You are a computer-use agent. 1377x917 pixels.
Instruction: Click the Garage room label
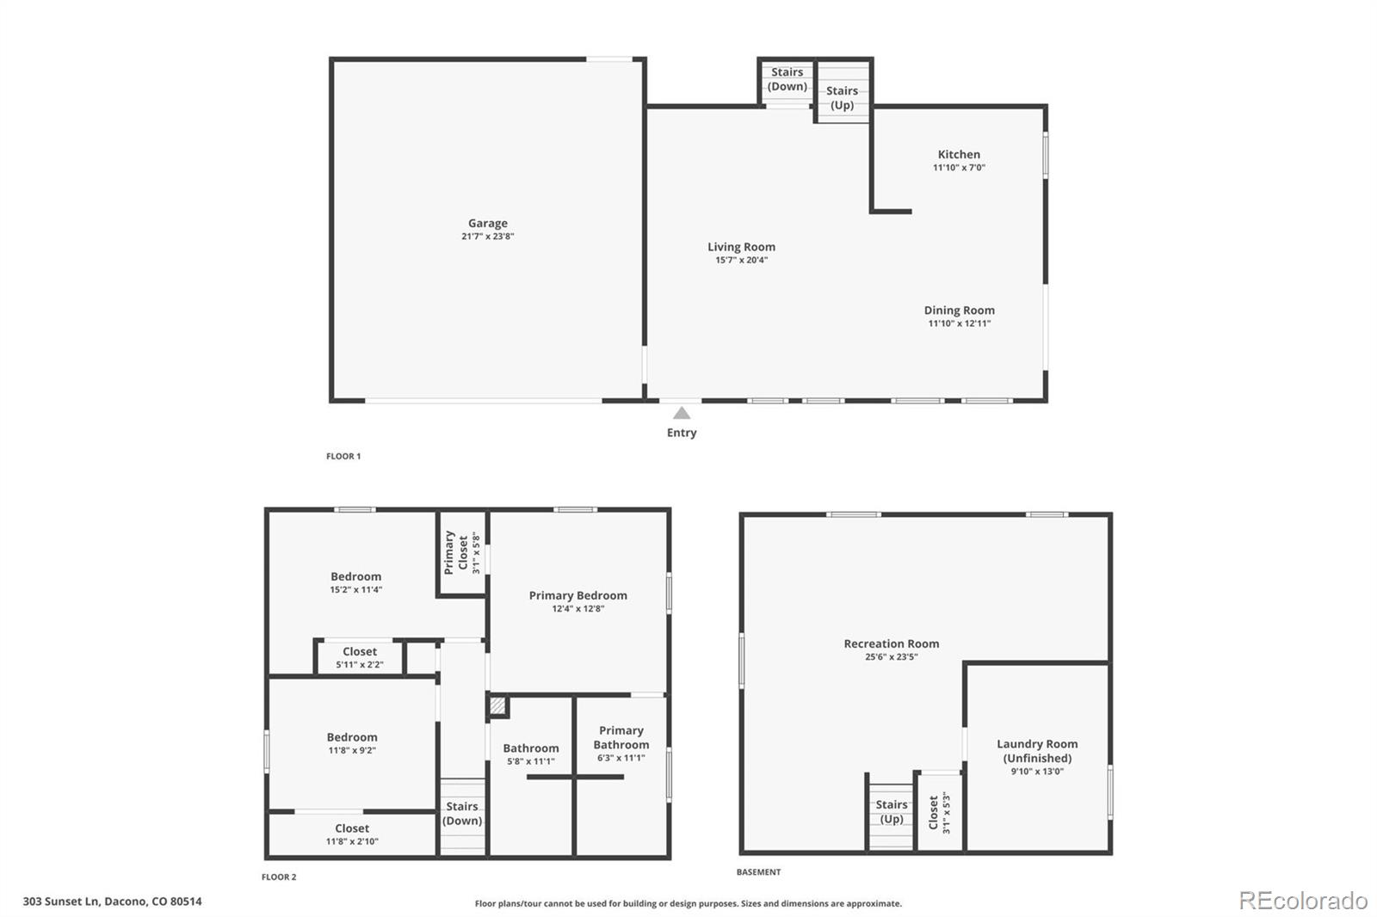(487, 223)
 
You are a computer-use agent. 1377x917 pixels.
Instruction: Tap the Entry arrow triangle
(682, 413)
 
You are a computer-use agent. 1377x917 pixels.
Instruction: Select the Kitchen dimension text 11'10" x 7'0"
(959, 167)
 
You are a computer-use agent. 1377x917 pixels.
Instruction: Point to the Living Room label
(741, 247)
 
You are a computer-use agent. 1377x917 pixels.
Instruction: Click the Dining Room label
(959, 311)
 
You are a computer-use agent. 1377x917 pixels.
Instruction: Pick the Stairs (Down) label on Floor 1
(787, 79)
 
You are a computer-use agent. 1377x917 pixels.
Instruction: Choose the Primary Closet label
(456, 553)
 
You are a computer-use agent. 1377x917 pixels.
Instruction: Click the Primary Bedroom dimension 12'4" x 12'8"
(577, 608)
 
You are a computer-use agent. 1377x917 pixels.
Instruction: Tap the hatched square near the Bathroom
(497, 705)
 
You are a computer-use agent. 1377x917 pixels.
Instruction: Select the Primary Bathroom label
(621, 737)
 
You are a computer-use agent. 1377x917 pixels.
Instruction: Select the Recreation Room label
(892, 643)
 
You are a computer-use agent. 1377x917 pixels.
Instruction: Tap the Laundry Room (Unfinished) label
(1037, 750)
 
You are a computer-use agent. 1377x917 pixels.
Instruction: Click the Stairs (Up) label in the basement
(892, 811)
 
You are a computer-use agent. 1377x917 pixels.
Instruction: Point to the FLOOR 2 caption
(279, 877)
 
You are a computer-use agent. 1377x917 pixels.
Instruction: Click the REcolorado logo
(1303, 901)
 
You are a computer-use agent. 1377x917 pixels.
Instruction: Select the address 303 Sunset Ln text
(61, 902)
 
